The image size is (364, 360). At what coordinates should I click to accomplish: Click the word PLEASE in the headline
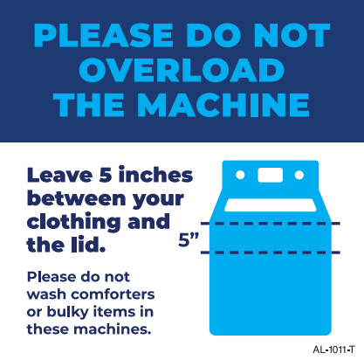(x=104, y=35)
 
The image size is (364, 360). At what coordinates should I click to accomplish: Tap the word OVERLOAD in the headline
(x=182, y=70)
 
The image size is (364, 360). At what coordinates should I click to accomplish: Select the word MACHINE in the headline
(x=223, y=105)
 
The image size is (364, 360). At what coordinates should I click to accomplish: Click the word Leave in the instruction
(x=60, y=176)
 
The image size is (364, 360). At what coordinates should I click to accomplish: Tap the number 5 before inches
(x=106, y=176)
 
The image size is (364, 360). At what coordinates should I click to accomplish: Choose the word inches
(x=155, y=175)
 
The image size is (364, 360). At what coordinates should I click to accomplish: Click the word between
(x=77, y=198)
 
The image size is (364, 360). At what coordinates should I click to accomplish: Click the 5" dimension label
(x=189, y=239)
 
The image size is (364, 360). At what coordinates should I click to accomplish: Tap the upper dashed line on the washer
(x=271, y=224)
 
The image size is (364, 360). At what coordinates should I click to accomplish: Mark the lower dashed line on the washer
(x=271, y=253)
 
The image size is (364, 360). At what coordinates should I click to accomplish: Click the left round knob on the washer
(x=240, y=176)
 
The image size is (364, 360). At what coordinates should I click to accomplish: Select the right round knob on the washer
(x=299, y=176)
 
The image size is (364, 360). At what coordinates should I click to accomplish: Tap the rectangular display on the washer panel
(x=271, y=175)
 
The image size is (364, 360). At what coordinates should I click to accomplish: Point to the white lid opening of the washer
(x=271, y=205)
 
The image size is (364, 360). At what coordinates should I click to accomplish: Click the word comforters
(x=113, y=294)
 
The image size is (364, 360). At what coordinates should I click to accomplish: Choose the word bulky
(x=67, y=312)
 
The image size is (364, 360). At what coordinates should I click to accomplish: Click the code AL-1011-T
(x=334, y=350)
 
